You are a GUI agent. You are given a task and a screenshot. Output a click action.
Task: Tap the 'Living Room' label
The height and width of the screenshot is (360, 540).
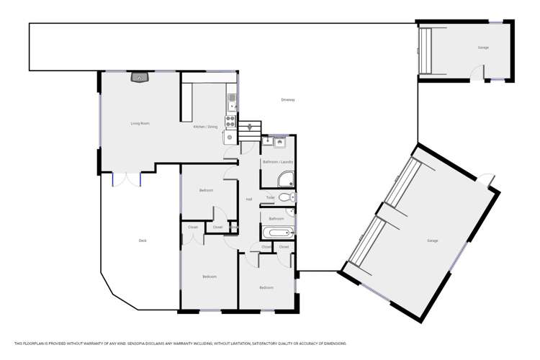(x=140, y=123)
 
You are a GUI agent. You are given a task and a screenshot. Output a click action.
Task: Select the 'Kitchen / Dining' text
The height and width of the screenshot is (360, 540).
(x=205, y=127)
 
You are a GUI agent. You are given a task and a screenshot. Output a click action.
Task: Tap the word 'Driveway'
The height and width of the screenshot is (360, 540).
(x=288, y=99)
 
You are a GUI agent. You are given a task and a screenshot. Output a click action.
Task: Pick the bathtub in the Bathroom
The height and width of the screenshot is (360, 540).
(x=276, y=232)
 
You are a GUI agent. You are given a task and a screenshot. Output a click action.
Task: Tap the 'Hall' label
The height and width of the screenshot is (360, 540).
(x=249, y=199)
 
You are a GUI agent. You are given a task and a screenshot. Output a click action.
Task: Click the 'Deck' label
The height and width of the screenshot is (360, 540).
(x=143, y=240)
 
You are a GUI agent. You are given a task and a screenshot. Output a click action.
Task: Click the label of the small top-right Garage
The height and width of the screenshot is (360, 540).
(x=483, y=48)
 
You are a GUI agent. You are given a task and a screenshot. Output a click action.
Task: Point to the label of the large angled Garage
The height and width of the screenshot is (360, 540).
(x=432, y=240)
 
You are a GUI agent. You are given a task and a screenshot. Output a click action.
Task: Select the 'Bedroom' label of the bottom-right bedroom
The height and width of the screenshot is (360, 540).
(x=266, y=287)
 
